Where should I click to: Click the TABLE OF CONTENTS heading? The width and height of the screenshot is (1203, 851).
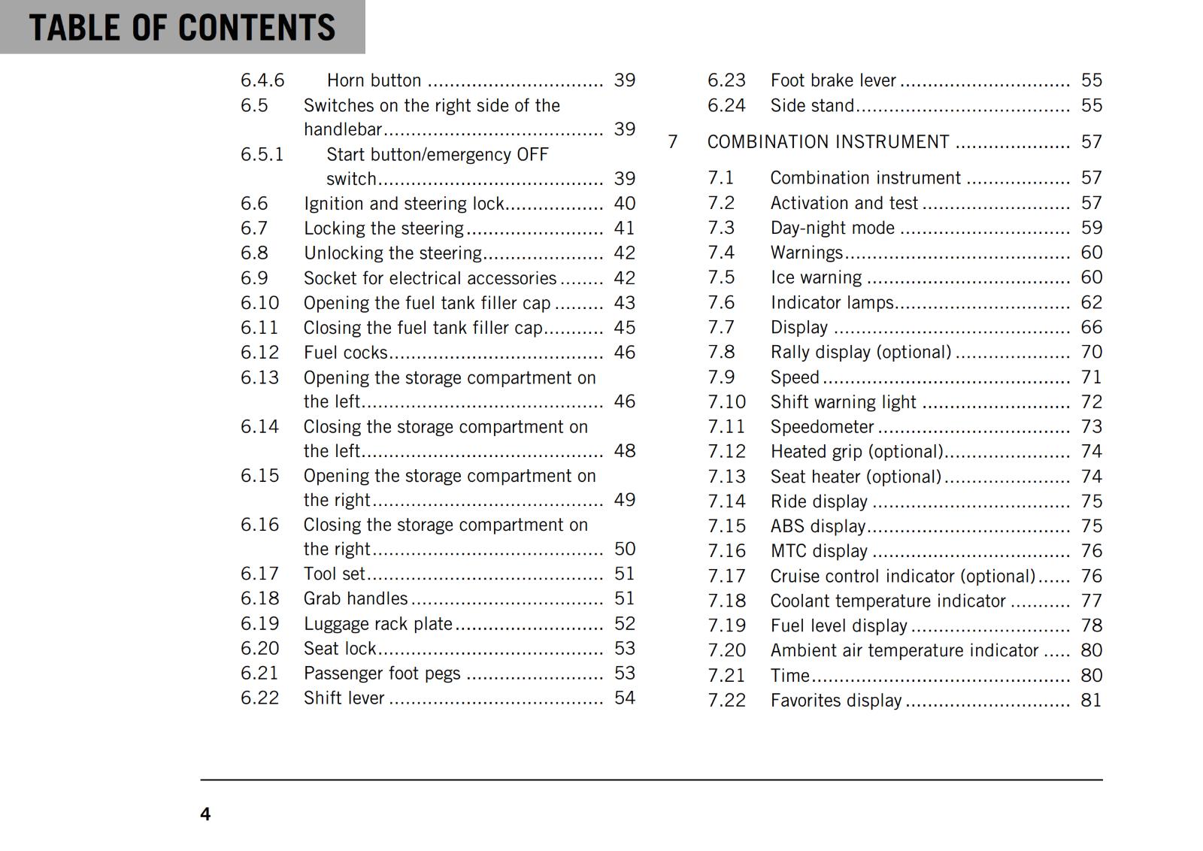click(x=182, y=27)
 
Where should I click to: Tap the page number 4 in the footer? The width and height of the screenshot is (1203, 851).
click(x=205, y=814)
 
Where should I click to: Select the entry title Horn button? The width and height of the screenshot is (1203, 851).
click(x=374, y=80)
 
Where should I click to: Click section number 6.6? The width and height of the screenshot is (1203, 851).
click(x=254, y=204)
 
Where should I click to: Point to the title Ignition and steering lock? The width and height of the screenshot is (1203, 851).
click(x=404, y=204)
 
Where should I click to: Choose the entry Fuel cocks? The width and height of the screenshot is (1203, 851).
click(x=345, y=353)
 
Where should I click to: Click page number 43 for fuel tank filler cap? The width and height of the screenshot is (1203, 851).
click(x=624, y=303)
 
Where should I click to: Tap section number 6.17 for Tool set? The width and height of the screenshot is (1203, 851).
click(x=259, y=574)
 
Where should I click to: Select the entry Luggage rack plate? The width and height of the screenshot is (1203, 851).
click(x=377, y=624)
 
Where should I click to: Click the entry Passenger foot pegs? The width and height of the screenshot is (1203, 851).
click(x=382, y=674)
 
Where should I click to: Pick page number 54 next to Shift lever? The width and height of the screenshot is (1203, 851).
click(x=624, y=698)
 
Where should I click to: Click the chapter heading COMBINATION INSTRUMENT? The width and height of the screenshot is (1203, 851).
click(x=828, y=142)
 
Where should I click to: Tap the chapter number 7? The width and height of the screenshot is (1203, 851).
click(x=673, y=142)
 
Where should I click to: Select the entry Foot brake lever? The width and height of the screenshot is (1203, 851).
click(x=833, y=80)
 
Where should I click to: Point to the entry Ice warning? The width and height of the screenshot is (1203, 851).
click(x=816, y=277)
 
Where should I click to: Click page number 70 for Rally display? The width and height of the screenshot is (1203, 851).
click(x=1091, y=352)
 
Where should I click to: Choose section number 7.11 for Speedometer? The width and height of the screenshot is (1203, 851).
click(x=726, y=427)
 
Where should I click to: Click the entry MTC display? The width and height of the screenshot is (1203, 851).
click(x=819, y=551)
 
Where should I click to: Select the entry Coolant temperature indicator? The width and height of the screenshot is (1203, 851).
click(x=887, y=601)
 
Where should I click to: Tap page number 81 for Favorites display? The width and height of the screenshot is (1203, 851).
click(x=1091, y=701)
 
